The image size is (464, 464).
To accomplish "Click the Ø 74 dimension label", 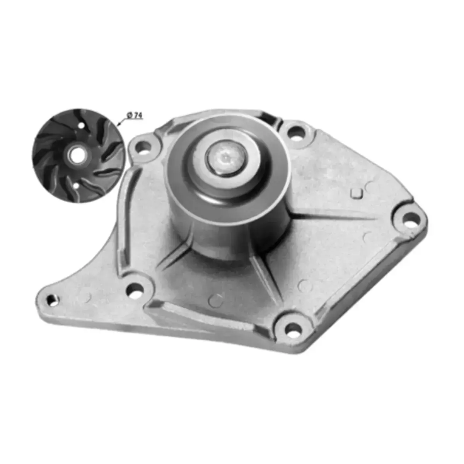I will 134,115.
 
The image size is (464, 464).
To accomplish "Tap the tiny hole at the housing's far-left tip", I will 51,299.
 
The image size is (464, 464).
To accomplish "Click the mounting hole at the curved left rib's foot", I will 134,290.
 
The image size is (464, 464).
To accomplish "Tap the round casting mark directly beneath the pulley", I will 215,300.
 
